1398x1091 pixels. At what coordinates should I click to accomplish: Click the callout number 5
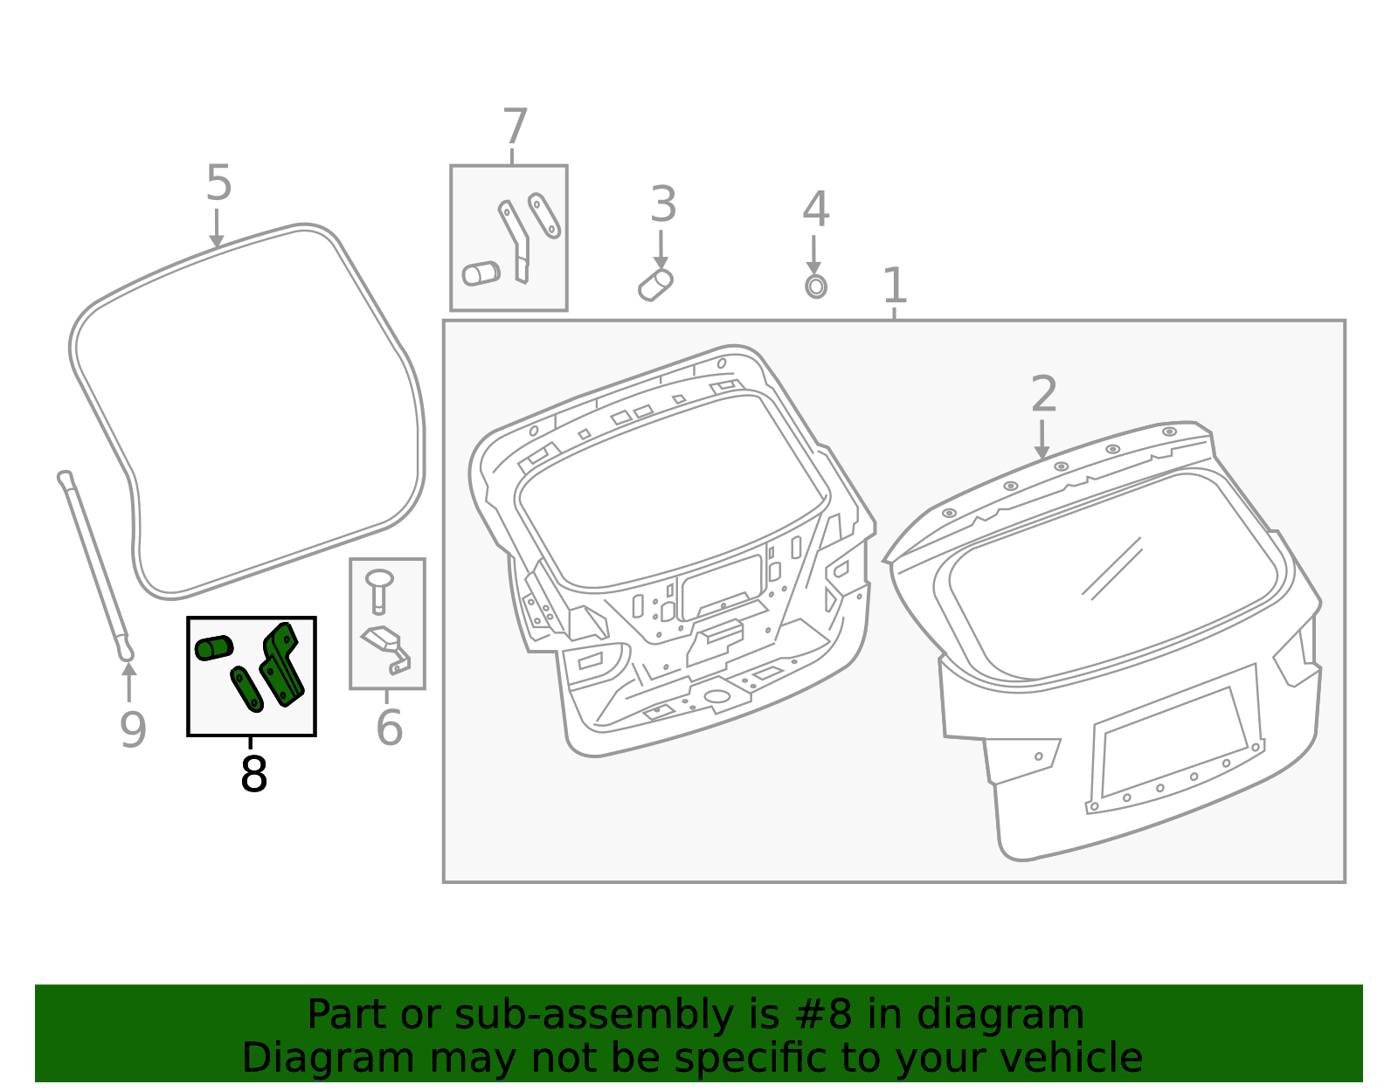click(218, 183)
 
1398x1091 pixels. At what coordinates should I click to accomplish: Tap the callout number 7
click(516, 128)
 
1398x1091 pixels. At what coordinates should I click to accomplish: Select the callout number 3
click(663, 205)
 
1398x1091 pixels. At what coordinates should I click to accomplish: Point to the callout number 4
click(815, 210)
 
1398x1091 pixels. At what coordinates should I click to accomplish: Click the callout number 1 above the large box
click(895, 286)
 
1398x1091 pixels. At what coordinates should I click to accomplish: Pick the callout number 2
click(1044, 394)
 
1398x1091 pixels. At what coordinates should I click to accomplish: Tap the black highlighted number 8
click(253, 774)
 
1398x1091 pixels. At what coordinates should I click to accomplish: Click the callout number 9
click(133, 729)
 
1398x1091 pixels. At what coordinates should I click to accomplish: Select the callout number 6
click(389, 728)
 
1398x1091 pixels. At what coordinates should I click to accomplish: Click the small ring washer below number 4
click(816, 286)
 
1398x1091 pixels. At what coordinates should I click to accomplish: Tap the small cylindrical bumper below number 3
click(655, 285)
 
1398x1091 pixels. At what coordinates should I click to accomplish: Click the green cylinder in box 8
click(214, 647)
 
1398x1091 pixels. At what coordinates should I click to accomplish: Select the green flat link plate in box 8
click(246, 689)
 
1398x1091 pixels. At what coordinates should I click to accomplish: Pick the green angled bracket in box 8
click(282, 664)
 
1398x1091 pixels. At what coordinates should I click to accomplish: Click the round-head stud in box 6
click(379, 589)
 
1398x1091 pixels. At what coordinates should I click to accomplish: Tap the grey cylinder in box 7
click(481, 273)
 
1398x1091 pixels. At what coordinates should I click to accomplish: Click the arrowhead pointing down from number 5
click(217, 241)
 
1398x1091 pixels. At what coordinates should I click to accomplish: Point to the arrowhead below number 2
click(1042, 452)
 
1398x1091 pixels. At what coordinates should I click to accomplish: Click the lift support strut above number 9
click(94, 563)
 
